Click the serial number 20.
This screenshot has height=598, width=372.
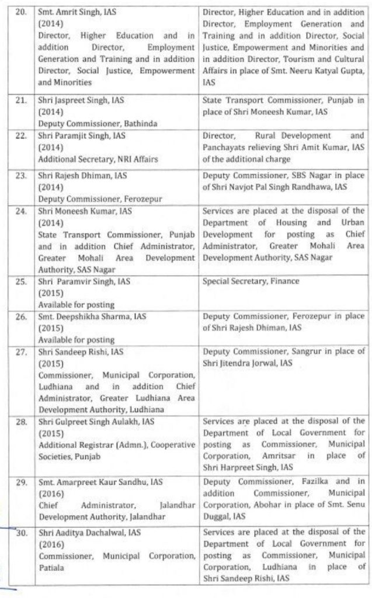[20, 11]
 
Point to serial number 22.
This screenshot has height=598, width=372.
[20, 136]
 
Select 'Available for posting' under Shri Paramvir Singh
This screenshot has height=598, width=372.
[68, 304]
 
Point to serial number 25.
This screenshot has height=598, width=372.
[20, 282]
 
